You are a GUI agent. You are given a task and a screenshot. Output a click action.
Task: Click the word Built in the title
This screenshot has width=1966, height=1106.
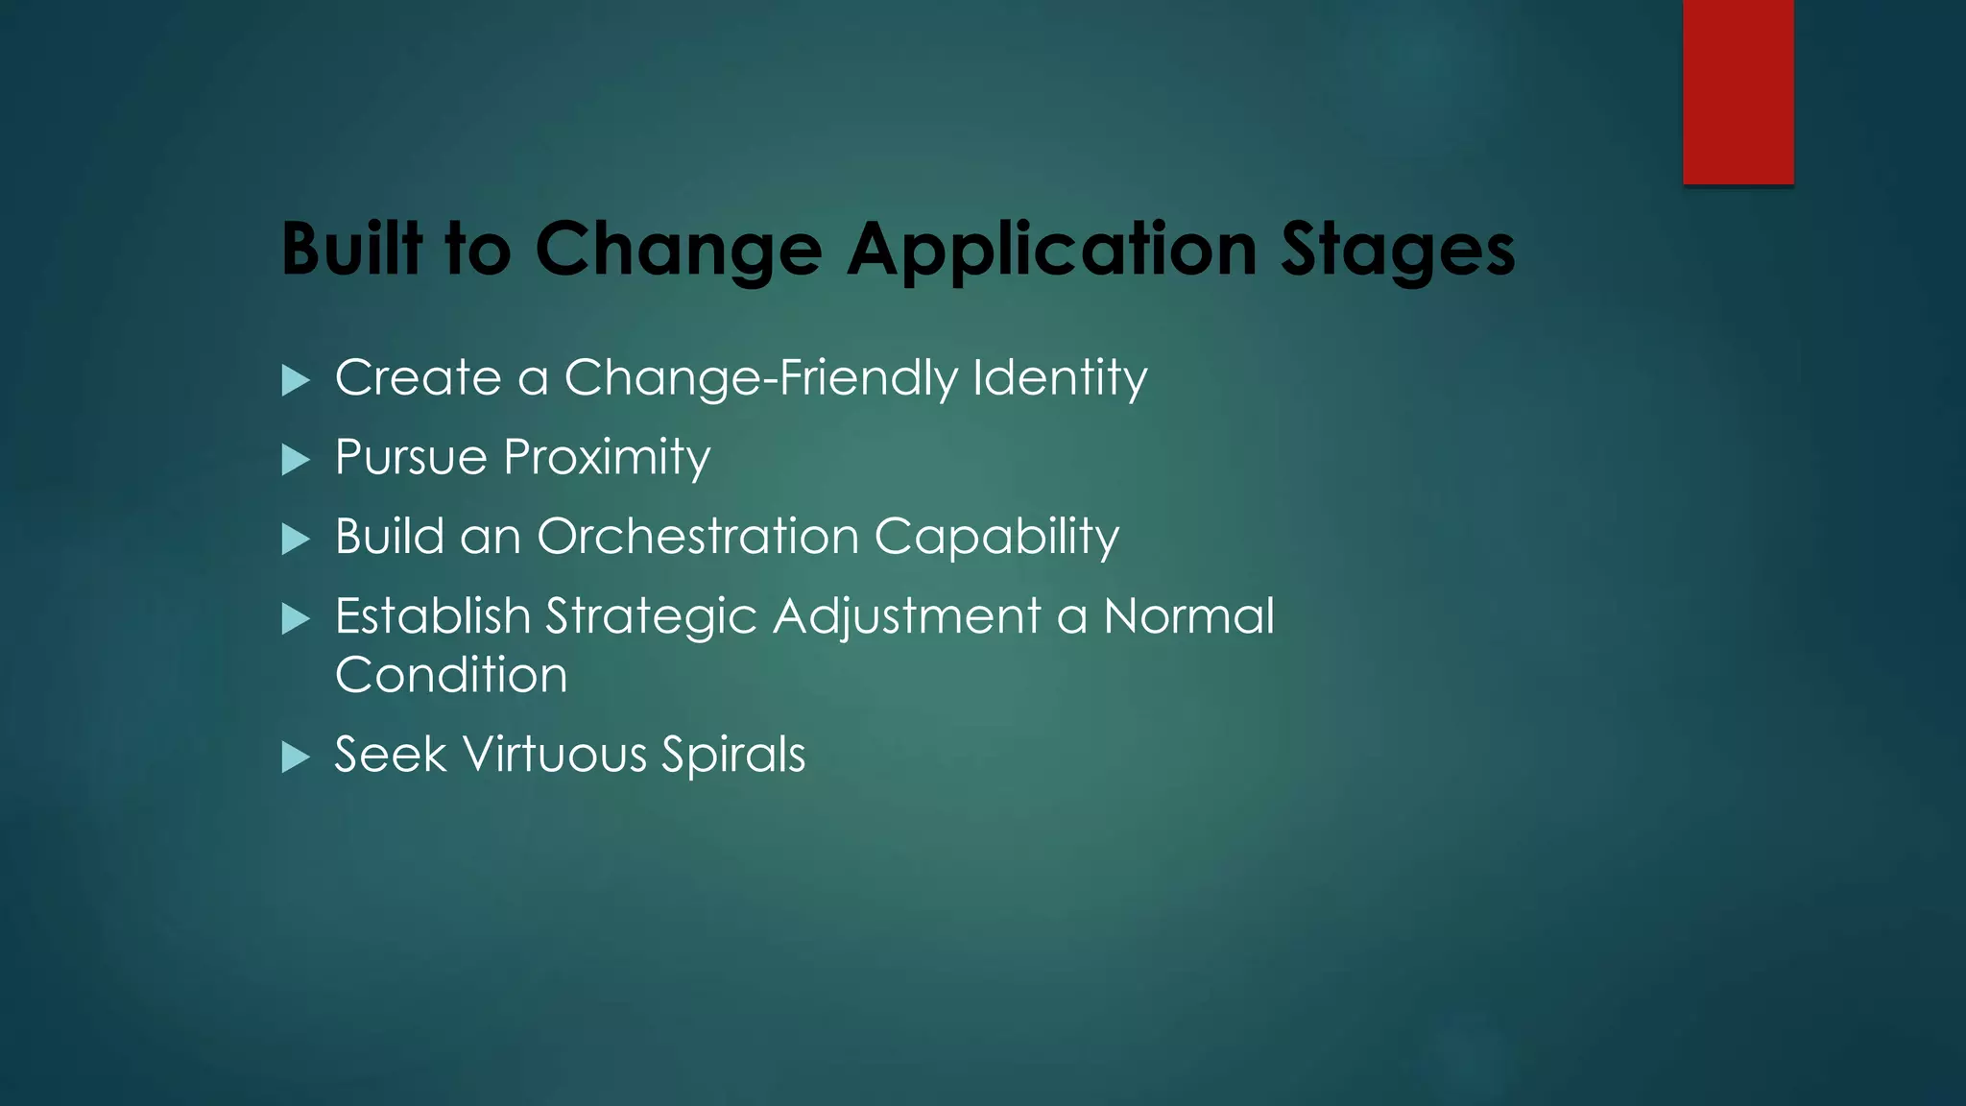[x=351, y=249]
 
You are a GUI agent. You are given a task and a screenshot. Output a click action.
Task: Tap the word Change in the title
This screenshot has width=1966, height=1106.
[x=678, y=251]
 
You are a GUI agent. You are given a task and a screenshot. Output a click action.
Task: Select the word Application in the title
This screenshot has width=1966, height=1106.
[x=1051, y=251]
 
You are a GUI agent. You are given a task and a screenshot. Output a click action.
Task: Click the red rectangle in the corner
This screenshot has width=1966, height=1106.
[x=1738, y=91]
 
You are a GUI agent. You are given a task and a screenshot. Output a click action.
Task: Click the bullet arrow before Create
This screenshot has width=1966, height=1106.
[x=296, y=380]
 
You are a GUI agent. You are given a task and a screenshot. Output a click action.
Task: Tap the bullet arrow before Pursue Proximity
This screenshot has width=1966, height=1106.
[x=296, y=460]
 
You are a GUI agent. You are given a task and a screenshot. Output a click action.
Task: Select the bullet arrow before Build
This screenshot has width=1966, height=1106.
[x=296, y=540]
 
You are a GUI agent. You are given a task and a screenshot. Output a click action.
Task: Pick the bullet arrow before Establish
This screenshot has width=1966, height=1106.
[x=296, y=619]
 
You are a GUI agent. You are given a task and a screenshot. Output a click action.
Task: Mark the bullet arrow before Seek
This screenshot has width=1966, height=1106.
[x=296, y=757]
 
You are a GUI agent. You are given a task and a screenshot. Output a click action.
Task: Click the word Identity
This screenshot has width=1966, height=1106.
[x=1060, y=378]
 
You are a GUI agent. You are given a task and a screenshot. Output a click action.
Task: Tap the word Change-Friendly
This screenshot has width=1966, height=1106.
[x=760, y=378]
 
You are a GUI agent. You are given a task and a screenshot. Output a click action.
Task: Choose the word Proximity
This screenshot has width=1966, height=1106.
[x=607, y=458]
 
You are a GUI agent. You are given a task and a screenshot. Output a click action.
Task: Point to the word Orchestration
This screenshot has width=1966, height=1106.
[x=698, y=537]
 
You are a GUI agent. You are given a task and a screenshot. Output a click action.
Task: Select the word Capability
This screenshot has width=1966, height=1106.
[x=996, y=538]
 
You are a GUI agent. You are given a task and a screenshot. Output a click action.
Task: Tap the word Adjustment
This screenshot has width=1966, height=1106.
[x=907, y=617]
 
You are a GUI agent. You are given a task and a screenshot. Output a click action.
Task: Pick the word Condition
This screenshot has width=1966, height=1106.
[x=451, y=675]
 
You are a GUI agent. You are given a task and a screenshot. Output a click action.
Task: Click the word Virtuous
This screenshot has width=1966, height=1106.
[x=556, y=755]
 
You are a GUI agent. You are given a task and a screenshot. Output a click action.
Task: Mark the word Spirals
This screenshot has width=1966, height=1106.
[x=733, y=756]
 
